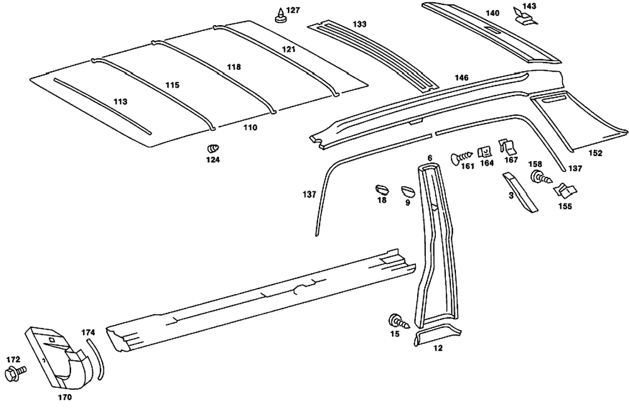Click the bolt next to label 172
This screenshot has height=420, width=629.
(16, 373)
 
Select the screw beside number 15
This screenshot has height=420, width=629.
(400, 321)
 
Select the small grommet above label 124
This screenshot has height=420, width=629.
(213, 148)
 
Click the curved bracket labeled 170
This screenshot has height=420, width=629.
(60, 359)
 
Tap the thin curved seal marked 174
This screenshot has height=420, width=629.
(99, 359)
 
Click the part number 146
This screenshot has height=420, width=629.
(462, 77)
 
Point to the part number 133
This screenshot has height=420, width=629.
(359, 24)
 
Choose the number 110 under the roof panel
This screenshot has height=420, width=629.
(250, 127)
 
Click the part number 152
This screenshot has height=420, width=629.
(595, 153)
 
